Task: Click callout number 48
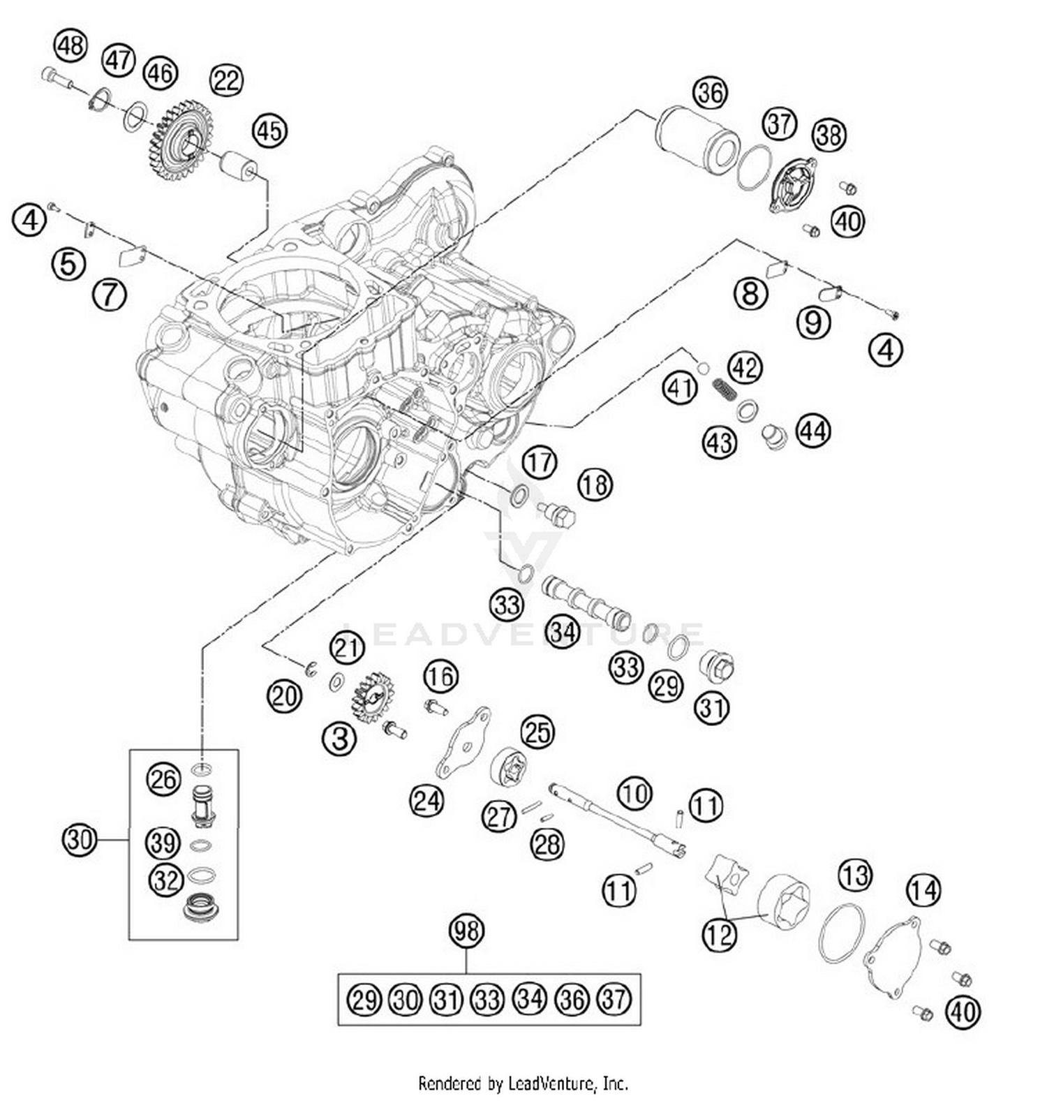[70, 46]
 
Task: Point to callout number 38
[829, 134]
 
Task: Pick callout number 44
[813, 431]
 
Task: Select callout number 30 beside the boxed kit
[79, 838]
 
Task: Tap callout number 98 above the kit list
[466, 931]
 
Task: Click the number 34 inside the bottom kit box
[530, 999]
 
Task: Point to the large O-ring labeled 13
[841, 933]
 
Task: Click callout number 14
[923, 890]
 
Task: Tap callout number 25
[537, 732]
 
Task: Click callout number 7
[110, 295]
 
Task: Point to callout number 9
[813, 323]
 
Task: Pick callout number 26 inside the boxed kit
[163, 778]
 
